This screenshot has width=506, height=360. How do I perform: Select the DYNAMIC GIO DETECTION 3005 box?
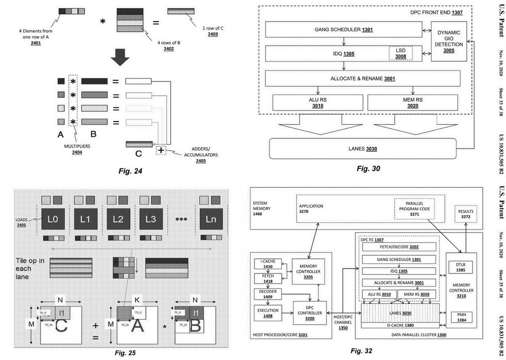click(x=449, y=41)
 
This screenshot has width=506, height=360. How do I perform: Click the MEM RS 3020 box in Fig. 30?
click(x=413, y=103)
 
